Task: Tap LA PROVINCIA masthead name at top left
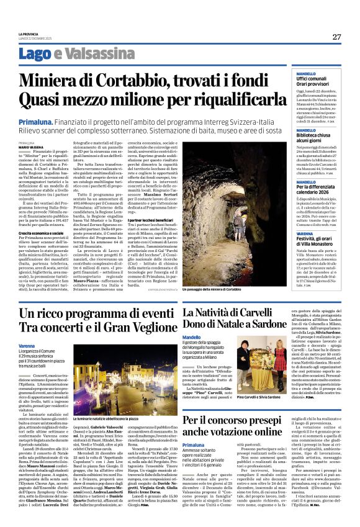click(28, 34)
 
